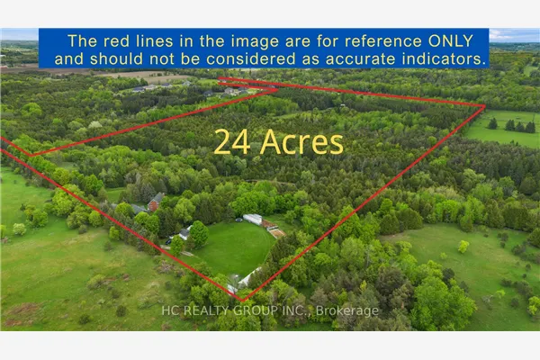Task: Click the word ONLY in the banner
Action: [451, 41]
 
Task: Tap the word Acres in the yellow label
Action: [301, 142]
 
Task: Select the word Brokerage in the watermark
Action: [347, 310]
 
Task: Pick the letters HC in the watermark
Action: [171, 310]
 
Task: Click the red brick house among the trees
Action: [156, 202]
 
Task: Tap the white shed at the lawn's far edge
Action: [253, 219]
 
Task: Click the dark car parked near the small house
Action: [170, 238]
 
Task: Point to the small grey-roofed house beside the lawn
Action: [184, 234]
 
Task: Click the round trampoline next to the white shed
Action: [238, 220]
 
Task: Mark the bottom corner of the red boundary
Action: [242, 301]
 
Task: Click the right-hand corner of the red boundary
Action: [485, 106]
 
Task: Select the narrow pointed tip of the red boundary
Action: [277, 90]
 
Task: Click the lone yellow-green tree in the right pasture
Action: [463, 247]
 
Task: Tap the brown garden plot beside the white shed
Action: [277, 233]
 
